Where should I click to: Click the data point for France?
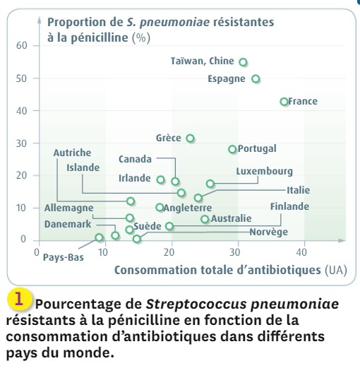(x=284, y=102)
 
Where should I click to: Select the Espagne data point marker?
(x=256, y=78)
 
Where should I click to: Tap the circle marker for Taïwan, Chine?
(x=243, y=62)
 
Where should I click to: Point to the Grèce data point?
(x=190, y=138)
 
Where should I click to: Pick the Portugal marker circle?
(x=232, y=149)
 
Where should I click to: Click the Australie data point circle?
(x=205, y=219)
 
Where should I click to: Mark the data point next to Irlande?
(x=161, y=179)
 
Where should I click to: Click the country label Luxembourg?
(x=264, y=172)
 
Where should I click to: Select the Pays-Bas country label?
(x=64, y=257)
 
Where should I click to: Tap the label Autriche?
(x=72, y=153)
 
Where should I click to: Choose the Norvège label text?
(x=269, y=232)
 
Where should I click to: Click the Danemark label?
(x=68, y=224)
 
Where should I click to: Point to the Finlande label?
(x=289, y=206)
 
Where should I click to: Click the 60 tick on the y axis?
(x=22, y=45)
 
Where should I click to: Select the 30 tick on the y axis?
(x=22, y=143)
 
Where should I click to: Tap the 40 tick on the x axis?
(x=301, y=252)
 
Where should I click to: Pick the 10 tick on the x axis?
(x=103, y=252)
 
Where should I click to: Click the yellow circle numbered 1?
(x=20, y=300)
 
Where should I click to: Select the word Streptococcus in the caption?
(x=196, y=304)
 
